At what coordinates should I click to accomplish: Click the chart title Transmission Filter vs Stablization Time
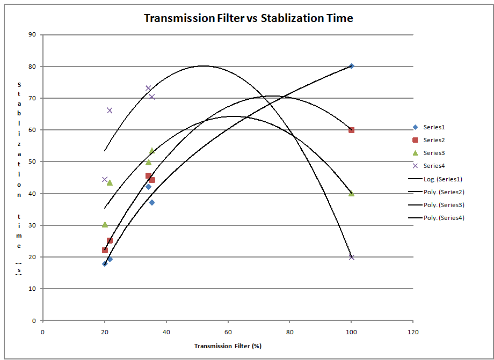[x=248, y=18]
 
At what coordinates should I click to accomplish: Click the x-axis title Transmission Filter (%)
[x=228, y=346]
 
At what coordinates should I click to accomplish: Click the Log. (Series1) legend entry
[x=435, y=179]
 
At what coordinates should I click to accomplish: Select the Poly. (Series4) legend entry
[x=435, y=218]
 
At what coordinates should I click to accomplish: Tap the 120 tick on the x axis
[x=412, y=331]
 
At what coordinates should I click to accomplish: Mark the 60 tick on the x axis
[x=228, y=331]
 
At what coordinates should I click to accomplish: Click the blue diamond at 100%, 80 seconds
[x=351, y=66]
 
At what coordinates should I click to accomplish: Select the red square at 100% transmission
[x=351, y=130]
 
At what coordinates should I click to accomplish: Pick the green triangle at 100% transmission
[x=351, y=193]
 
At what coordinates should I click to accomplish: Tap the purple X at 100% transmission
[x=351, y=257]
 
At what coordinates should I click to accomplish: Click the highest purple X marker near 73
[x=148, y=88]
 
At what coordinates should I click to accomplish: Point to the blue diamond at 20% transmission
[x=105, y=263]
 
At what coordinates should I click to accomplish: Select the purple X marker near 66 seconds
[x=110, y=111]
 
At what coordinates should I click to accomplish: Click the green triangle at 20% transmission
[x=105, y=224]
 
